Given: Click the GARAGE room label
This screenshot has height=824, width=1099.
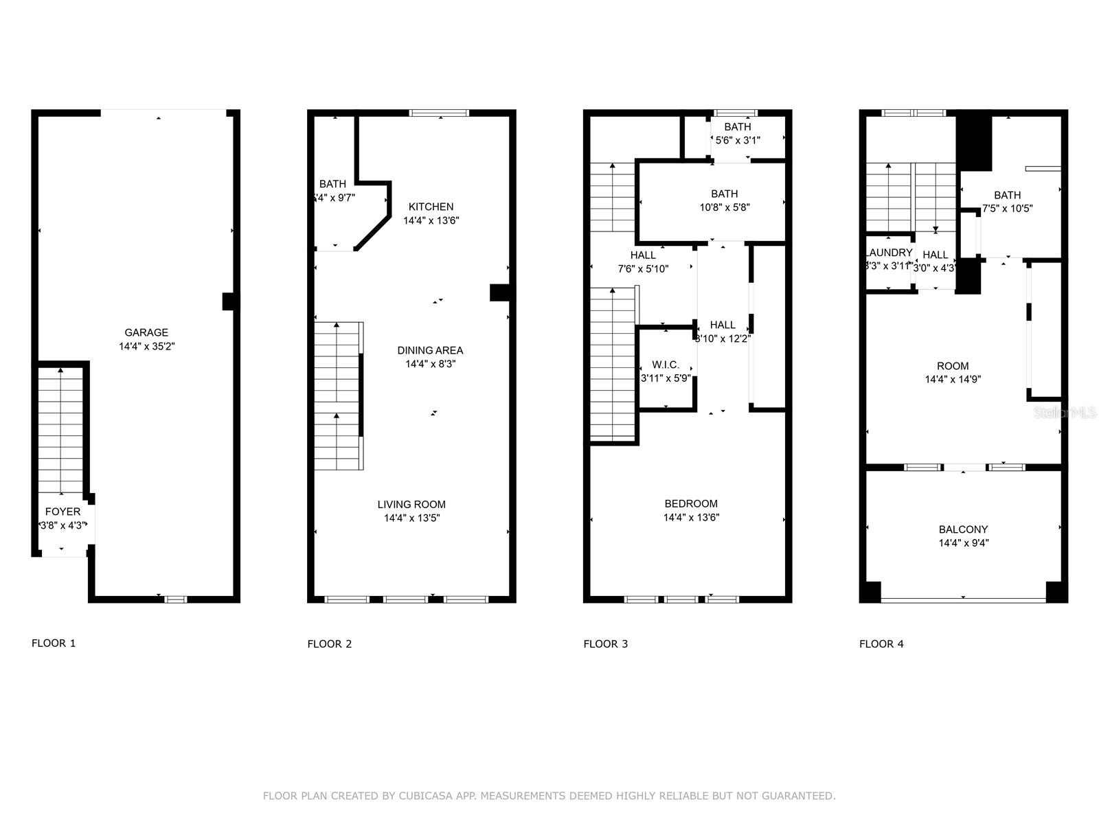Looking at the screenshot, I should pyautogui.click(x=146, y=332).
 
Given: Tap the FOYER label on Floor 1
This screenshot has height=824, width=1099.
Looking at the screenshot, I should pyautogui.click(x=63, y=512).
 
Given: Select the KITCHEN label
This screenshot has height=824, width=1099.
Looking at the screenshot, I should pyautogui.click(x=431, y=207).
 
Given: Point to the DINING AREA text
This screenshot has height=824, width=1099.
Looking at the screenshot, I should pyautogui.click(x=430, y=350).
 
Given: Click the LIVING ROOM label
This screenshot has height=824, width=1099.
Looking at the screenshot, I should pyautogui.click(x=411, y=504).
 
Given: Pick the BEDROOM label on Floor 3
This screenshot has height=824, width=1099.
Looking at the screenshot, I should pyautogui.click(x=691, y=503).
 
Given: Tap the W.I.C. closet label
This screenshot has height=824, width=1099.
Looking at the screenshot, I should pyautogui.click(x=666, y=365).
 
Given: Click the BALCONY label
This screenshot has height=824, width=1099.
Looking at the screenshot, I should pyautogui.click(x=963, y=529).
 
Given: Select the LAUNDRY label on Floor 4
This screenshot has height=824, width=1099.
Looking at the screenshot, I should pyautogui.click(x=889, y=253).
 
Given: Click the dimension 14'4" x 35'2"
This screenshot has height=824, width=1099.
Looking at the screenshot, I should pyautogui.click(x=146, y=347).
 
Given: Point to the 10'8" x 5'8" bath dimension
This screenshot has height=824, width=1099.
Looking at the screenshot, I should pyautogui.click(x=724, y=207).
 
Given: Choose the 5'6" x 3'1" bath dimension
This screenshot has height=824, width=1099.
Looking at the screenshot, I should pyautogui.click(x=738, y=140).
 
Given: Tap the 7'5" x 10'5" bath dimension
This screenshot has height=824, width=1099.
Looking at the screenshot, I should pyautogui.click(x=1007, y=209).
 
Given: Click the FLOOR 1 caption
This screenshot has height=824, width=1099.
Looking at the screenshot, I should pyautogui.click(x=54, y=643).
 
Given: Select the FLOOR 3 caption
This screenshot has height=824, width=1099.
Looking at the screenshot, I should pyautogui.click(x=605, y=644).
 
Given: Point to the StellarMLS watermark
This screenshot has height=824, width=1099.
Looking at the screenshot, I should pyautogui.click(x=1065, y=413).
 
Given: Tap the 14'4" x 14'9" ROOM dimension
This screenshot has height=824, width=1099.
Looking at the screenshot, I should pyautogui.click(x=952, y=379).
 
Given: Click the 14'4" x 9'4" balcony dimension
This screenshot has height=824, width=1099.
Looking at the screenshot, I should pyautogui.click(x=963, y=543).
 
